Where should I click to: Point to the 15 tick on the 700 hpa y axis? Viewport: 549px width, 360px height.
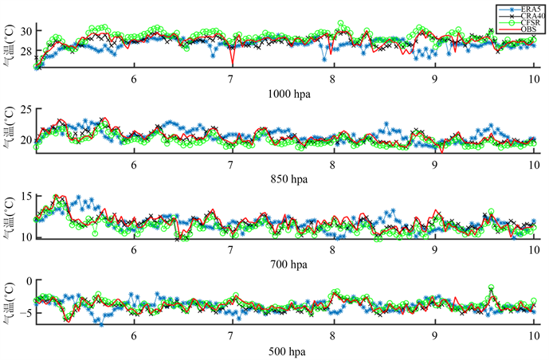tap(26, 195)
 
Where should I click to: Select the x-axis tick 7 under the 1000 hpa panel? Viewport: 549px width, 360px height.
tap(231, 79)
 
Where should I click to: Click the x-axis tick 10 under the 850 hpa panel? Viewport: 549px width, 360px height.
tap(531, 164)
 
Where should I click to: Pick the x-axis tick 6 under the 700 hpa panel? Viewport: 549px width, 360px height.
tap(134, 249)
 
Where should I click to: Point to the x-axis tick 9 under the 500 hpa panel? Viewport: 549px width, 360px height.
tap(434, 335)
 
